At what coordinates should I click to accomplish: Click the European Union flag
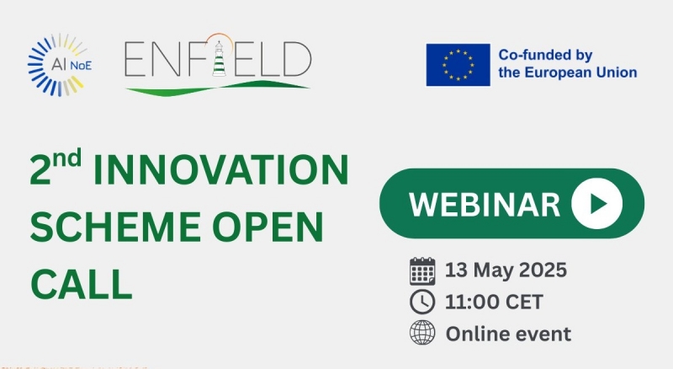[x=458, y=65]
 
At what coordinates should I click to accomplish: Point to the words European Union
[x=580, y=72]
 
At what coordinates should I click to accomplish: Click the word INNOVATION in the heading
[x=220, y=170]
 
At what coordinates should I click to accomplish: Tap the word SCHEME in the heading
[x=115, y=227]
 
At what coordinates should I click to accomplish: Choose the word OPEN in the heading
[x=268, y=227]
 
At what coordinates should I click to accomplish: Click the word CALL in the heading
[x=81, y=283]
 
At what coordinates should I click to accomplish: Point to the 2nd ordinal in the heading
[x=56, y=167]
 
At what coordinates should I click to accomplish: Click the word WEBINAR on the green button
[x=485, y=204]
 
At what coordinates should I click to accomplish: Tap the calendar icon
[x=422, y=271]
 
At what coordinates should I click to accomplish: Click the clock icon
[x=422, y=302]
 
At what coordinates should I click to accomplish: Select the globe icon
[x=422, y=333]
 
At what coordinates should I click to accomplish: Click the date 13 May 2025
[x=506, y=270]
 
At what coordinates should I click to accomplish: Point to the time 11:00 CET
[x=494, y=302]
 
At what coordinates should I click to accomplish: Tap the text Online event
[x=509, y=334]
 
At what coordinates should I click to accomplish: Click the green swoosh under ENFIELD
[x=218, y=88]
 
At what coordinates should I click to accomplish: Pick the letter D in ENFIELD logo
[x=297, y=58]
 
